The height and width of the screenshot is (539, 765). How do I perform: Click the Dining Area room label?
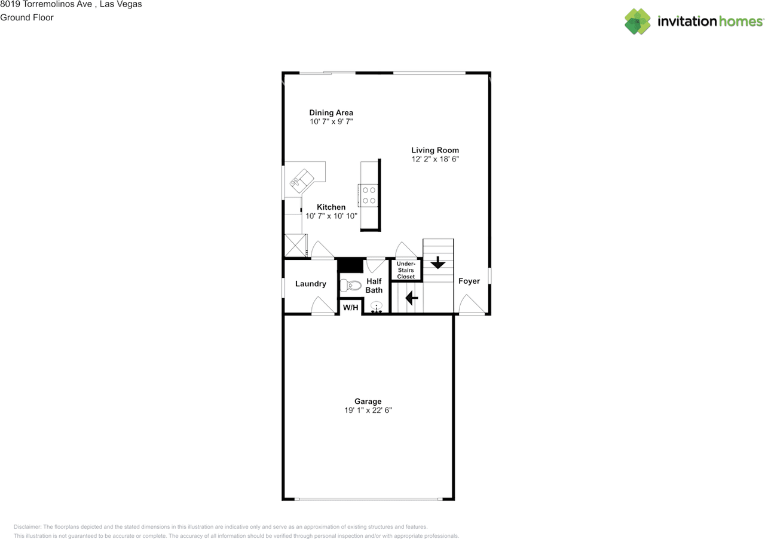331,112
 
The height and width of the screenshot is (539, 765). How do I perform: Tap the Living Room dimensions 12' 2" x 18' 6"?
434,160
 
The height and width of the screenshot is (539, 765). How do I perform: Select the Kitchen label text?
331,207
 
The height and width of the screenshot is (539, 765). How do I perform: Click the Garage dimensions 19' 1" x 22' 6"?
368,411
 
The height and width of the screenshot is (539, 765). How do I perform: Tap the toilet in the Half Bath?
350,284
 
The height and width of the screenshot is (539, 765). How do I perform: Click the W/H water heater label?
350,308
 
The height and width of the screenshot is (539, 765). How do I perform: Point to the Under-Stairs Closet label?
406,270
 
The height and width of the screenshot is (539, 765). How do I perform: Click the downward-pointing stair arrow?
438,262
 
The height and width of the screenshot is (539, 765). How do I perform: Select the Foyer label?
469,281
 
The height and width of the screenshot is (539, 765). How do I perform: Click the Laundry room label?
311,284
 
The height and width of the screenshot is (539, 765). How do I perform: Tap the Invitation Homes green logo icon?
638,22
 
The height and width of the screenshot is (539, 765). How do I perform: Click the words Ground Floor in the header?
27,17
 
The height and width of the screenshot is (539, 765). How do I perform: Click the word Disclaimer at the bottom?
27,527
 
